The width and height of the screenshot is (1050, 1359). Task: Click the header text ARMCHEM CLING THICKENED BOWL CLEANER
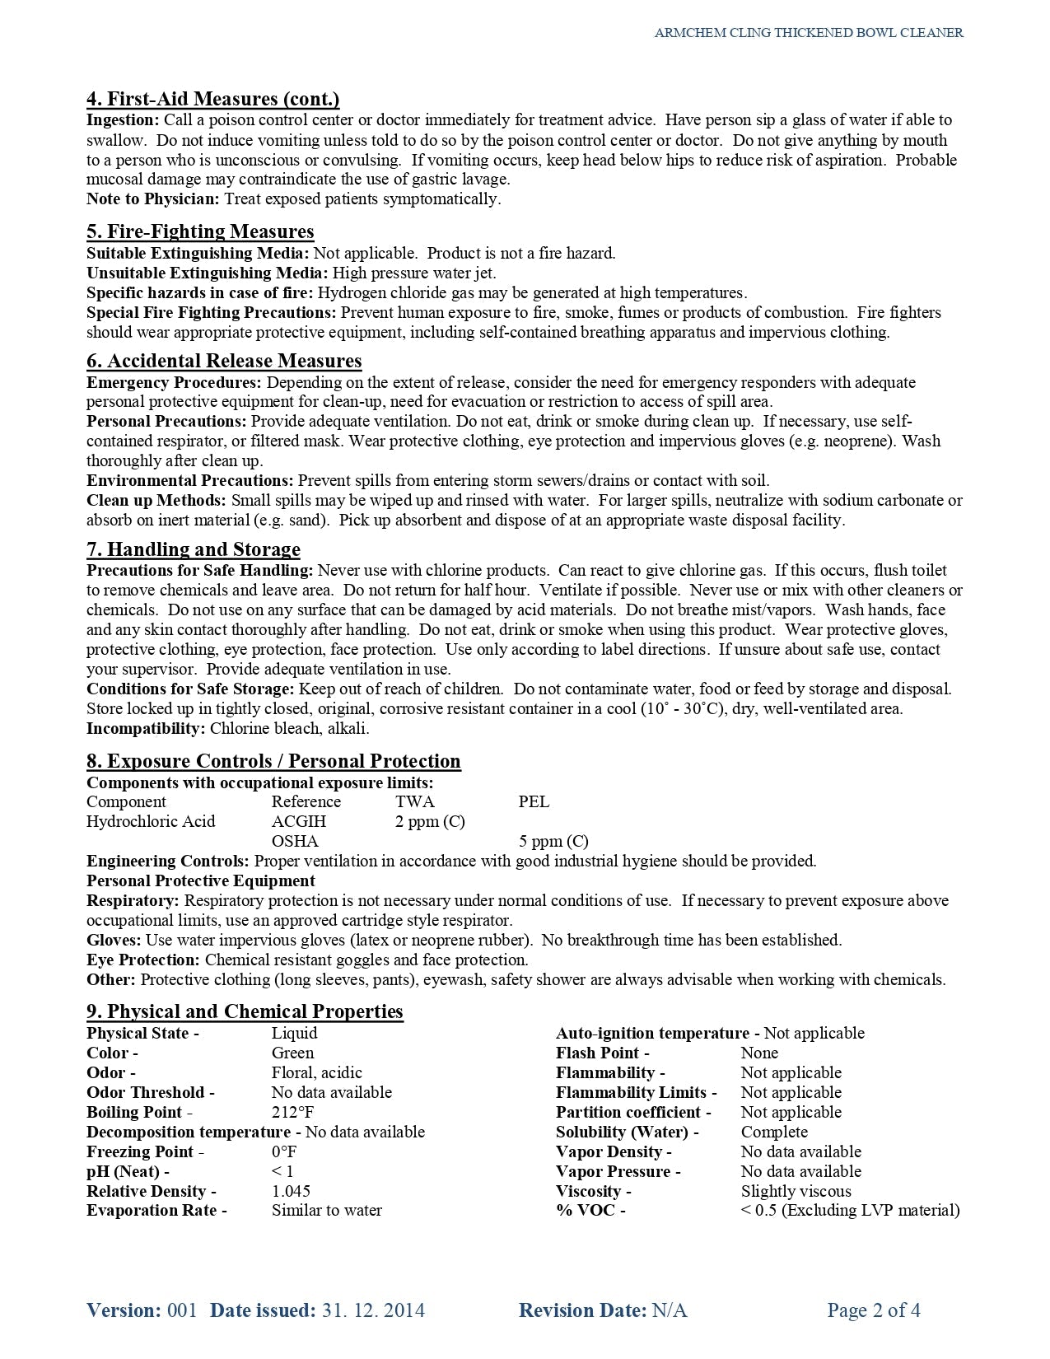(809, 33)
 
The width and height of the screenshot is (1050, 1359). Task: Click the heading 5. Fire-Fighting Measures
(200, 231)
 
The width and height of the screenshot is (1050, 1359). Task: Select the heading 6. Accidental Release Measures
(224, 361)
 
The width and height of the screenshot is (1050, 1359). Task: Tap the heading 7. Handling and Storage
(194, 549)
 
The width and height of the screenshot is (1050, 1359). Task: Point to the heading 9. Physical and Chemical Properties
(245, 1011)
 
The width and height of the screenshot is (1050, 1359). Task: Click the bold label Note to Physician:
(153, 198)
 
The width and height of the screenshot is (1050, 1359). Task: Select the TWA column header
(415, 801)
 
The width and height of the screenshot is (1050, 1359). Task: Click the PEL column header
(534, 801)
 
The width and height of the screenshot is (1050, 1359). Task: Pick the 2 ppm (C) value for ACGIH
(430, 821)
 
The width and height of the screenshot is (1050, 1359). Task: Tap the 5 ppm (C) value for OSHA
(553, 841)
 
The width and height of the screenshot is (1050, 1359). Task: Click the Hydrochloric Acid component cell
(151, 821)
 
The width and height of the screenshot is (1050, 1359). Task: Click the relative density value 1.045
(291, 1191)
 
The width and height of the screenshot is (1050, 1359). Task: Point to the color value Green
(292, 1053)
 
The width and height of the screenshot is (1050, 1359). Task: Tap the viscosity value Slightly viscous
(796, 1191)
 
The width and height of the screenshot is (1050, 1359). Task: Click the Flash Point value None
(759, 1053)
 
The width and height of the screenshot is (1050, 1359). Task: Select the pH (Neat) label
(128, 1171)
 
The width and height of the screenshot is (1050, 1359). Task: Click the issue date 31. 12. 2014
(371, 1310)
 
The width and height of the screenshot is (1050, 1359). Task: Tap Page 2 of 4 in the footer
(874, 1310)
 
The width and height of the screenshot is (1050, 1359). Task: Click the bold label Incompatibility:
(146, 728)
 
